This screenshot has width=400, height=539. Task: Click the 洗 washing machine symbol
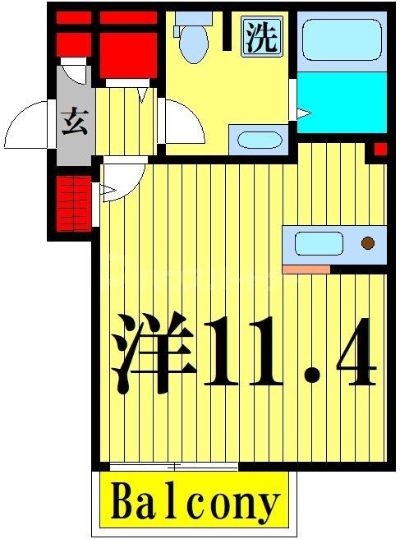(262, 37)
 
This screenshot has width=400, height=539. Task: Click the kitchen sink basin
(318, 243)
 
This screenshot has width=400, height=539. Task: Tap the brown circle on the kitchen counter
(368, 242)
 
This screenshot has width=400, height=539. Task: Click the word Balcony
(194, 500)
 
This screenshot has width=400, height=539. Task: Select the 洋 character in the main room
(154, 352)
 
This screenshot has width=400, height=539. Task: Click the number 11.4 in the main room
(288, 352)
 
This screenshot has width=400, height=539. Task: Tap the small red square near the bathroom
(380, 149)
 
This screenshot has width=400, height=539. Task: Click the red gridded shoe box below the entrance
(72, 203)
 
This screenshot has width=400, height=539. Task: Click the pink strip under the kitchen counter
(306, 269)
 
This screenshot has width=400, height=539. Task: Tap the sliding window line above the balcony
(173, 466)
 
